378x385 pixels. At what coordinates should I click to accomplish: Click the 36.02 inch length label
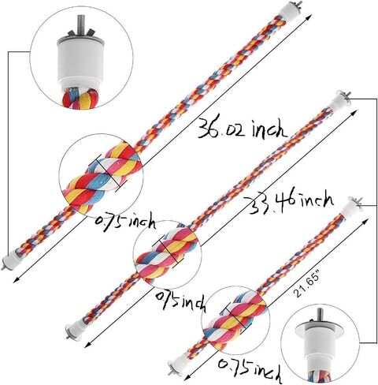coord(242,128)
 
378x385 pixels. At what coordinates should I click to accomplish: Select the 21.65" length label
coord(307,286)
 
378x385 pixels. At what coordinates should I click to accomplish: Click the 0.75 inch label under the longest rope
coord(125,222)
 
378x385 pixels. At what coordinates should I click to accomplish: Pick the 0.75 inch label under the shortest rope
coord(250,370)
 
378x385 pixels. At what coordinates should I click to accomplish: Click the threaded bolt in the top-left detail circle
coord(80,26)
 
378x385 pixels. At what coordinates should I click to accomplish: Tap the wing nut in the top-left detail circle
coord(80,33)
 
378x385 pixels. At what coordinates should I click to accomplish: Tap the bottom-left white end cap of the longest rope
coord(10,260)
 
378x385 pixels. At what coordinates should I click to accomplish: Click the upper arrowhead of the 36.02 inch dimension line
coord(309,17)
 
